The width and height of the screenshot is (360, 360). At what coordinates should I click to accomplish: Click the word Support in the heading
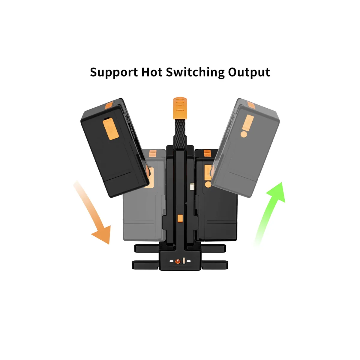point(114,73)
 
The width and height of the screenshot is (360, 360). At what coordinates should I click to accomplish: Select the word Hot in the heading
point(152,72)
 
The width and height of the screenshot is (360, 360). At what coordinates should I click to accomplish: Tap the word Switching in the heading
point(195,73)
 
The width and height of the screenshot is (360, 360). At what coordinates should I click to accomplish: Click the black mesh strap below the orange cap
point(180,133)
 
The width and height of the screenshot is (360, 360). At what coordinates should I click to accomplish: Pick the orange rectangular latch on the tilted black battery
point(111,129)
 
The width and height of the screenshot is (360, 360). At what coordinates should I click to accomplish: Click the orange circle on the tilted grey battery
point(244,134)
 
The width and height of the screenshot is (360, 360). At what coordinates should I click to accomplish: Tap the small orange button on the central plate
point(180,218)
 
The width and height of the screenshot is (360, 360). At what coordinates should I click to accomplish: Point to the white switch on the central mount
point(192,186)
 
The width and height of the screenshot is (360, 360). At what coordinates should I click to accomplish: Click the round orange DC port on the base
point(178,261)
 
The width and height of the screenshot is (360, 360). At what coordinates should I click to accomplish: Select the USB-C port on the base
point(184,261)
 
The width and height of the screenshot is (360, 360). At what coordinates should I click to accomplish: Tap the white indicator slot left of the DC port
point(172,261)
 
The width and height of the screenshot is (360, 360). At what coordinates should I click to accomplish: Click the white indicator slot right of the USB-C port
point(189,261)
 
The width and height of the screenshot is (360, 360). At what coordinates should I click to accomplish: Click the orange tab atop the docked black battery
point(207,153)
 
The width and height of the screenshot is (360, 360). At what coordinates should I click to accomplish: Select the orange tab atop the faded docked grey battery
point(153,153)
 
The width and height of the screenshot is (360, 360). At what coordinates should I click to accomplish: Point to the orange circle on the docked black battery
point(208,184)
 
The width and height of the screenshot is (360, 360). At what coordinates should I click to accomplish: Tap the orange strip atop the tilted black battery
point(109,105)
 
